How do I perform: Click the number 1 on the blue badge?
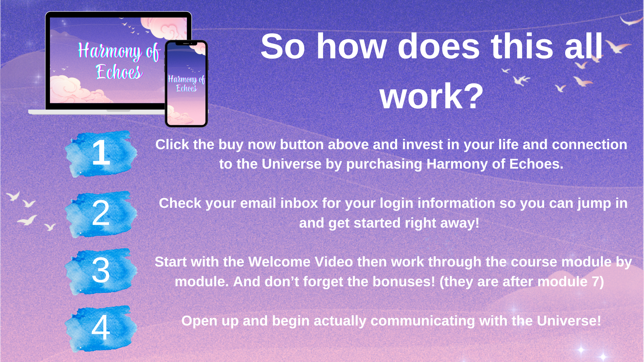[x=101, y=153]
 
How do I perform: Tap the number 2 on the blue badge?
[x=101, y=213]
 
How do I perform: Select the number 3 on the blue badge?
[x=101, y=270]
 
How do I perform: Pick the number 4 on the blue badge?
[x=101, y=327]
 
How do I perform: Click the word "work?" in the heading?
[x=432, y=96]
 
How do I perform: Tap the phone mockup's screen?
[x=186, y=83]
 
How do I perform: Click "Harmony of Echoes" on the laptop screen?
[x=119, y=61]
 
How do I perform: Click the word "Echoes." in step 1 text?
[x=536, y=164]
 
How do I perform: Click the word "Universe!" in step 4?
[x=569, y=321]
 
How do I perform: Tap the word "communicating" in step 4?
[x=422, y=321]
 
